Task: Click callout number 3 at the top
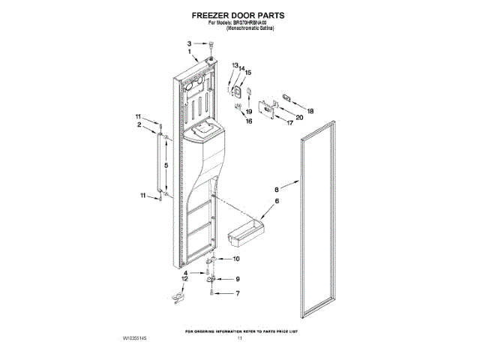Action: [190, 43]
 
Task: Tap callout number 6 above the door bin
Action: [276, 202]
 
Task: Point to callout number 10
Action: [237, 259]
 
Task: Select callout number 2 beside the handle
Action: [139, 125]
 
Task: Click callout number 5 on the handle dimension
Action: [166, 164]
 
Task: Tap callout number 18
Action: [311, 111]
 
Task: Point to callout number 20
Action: [299, 117]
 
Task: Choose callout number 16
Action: [249, 121]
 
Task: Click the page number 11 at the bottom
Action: [241, 339]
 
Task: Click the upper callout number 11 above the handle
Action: [138, 116]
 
